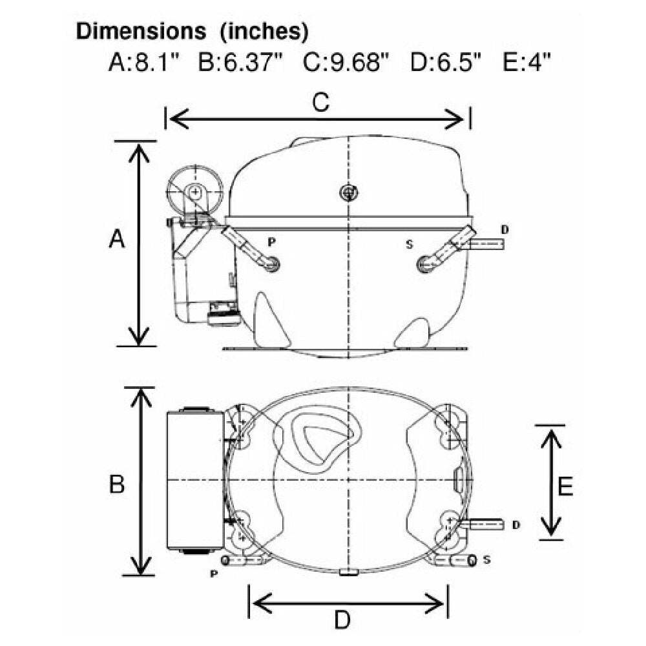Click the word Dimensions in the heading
pos(141,31)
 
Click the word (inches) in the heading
pos(264,32)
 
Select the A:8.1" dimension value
pos(144,63)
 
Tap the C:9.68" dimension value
pos(346,63)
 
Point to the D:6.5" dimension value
pos(446,63)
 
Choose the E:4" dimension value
pos(526,63)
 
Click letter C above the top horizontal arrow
pos(321,102)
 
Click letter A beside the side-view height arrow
pos(116,239)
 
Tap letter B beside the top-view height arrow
pos(116,484)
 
